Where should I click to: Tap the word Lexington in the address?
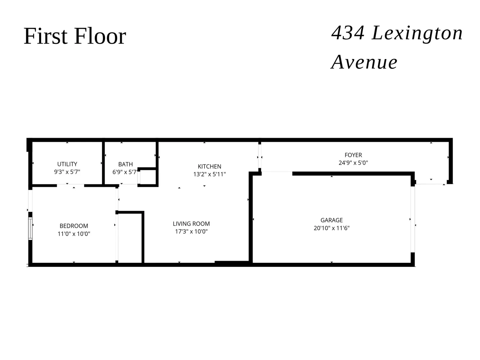(417, 33)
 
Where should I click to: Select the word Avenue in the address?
(364, 62)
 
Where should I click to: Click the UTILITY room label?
(67, 164)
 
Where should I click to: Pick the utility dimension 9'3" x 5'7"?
(67, 172)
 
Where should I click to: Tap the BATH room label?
(125, 164)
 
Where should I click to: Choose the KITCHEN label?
(209, 166)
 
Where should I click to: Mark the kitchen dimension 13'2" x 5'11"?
(209, 174)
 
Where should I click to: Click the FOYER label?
(353, 155)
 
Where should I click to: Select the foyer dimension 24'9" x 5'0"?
(353, 163)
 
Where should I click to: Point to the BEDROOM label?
(74, 226)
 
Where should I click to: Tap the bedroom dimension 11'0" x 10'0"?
(74, 234)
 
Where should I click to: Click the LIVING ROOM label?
(191, 224)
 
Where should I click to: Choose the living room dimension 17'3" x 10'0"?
(191, 231)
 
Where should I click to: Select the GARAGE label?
(332, 220)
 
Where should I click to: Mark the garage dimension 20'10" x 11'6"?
(332, 228)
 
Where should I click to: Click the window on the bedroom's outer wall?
(30, 229)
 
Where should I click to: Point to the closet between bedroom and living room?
(130, 238)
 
